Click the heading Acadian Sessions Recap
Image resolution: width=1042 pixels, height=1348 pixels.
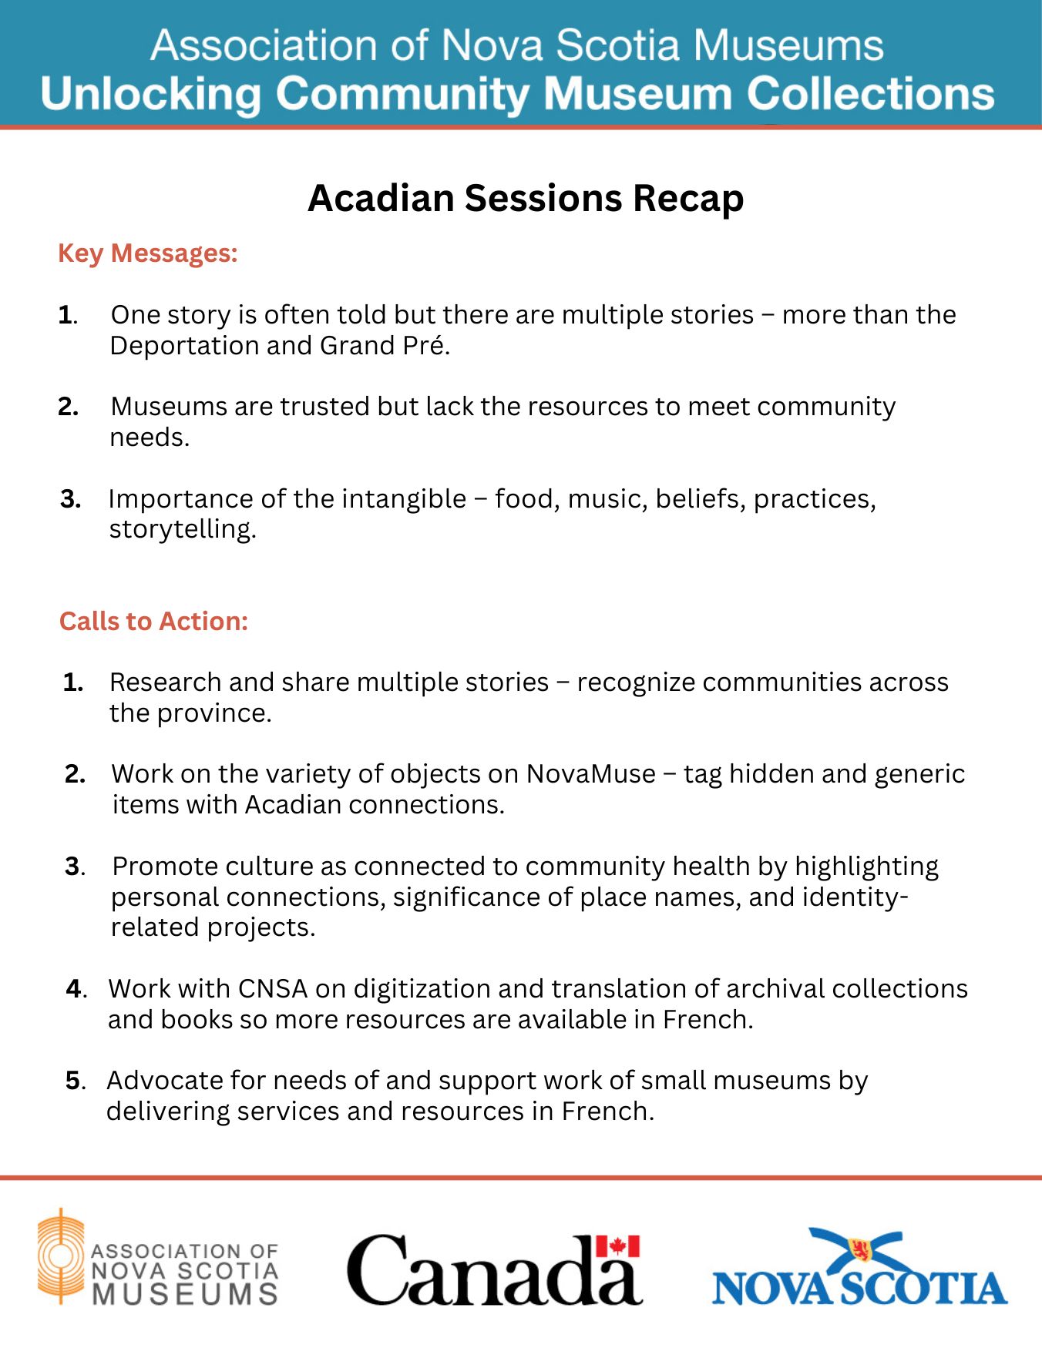[526, 198]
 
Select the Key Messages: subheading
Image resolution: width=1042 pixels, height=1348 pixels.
[148, 253]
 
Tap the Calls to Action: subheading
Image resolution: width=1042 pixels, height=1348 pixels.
[153, 622]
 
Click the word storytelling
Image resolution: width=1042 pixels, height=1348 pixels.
[183, 530]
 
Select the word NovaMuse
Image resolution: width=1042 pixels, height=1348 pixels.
[591, 773]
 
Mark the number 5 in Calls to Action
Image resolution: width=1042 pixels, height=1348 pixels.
[72, 1081]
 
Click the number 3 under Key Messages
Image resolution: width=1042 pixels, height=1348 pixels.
[70, 499]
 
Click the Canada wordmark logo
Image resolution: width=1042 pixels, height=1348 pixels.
[493, 1271]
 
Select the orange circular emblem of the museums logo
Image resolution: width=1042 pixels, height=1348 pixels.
[60, 1256]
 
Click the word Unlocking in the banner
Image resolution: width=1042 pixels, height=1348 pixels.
[151, 94]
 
